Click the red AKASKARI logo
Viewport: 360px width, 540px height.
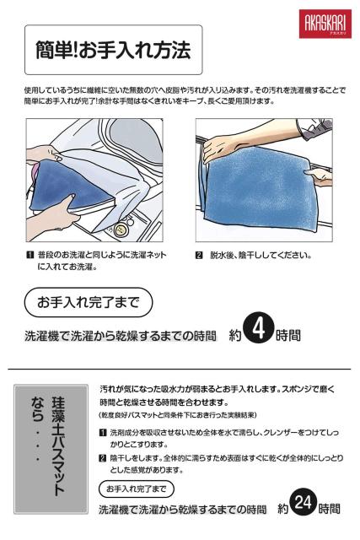(325, 24)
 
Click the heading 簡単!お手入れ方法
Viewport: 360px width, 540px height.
(113, 50)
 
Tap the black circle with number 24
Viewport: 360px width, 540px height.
(304, 503)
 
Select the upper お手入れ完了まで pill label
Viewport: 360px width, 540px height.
(89, 302)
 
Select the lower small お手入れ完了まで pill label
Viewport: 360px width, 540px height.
(137, 489)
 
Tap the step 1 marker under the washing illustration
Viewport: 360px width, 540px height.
(30, 255)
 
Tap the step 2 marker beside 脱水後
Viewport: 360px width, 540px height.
(199, 255)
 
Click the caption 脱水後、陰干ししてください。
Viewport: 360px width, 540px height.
(261, 256)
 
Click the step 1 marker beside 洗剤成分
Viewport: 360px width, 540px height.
(103, 433)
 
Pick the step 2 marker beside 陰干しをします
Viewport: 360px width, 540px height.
(103, 458)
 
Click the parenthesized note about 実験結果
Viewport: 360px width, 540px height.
(178, 415)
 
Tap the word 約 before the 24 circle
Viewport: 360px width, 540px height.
(283, 509)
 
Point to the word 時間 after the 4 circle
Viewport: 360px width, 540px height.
(288, 336)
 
